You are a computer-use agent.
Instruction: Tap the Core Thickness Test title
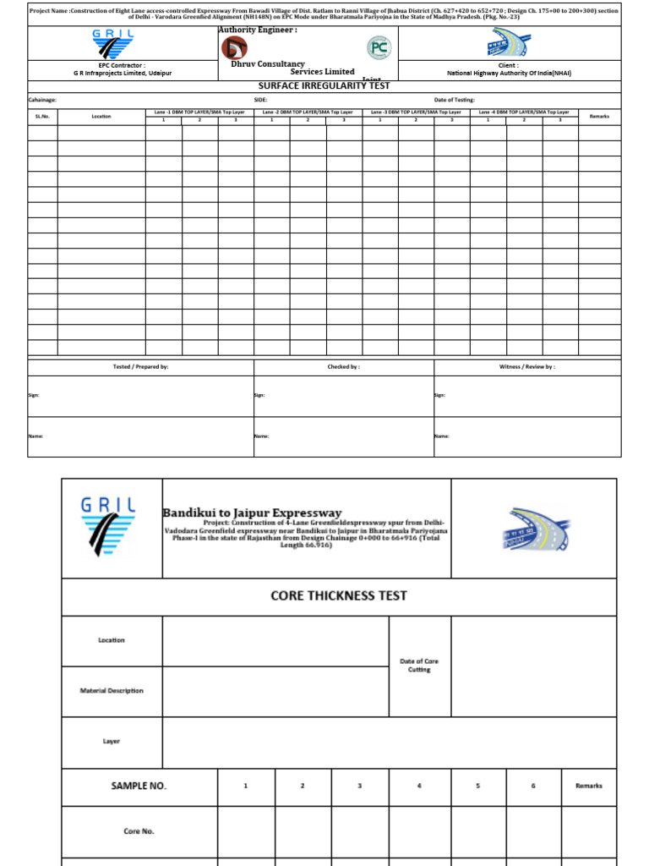point(338,595)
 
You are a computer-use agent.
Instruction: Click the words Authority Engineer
point(257,30)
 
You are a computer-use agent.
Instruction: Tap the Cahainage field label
point(43,100)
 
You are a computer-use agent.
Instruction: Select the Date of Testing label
point(454,100)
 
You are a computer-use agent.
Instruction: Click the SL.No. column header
point(42,116)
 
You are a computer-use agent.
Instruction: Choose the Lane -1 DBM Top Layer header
point(199,112)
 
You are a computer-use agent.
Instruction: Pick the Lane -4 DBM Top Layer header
point(524,112)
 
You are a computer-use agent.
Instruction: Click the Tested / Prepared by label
point(141,367)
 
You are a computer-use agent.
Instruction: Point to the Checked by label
point(344,367)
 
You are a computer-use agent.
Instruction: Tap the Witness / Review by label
point(527,367)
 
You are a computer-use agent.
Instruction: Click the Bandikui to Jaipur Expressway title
point(252,512)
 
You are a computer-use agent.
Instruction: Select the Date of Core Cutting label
point(419,665)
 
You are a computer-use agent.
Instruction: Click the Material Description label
point(112,691)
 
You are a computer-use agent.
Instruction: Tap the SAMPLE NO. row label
point(139,786)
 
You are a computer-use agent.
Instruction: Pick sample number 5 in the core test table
point(477,786)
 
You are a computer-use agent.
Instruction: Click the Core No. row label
point(139,831)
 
